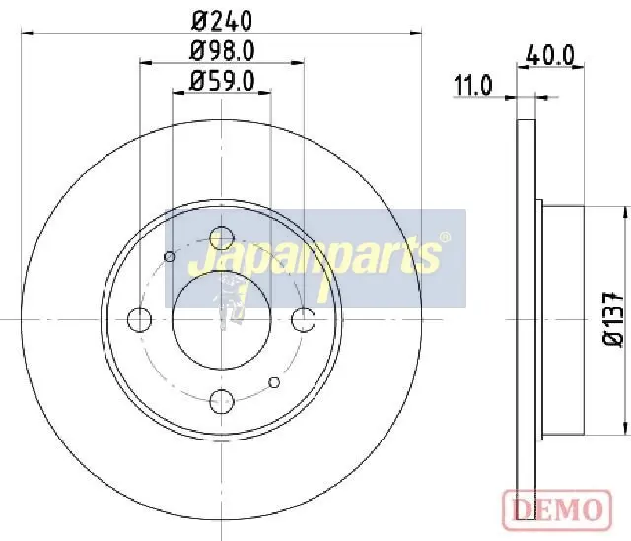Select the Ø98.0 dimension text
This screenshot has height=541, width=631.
click(222, 51)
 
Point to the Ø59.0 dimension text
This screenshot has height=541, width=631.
click(222, 81)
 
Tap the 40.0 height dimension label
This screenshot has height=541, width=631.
click(550, 55)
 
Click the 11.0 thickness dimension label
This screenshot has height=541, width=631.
click(473, 86)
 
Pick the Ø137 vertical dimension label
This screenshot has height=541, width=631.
click(613, 318)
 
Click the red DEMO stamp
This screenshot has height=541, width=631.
click(557, 509)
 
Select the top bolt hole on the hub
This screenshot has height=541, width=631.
click(222, 237)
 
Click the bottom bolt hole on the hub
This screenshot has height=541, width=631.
click(222, 401)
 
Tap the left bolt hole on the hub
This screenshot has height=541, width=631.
click(139, 320)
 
